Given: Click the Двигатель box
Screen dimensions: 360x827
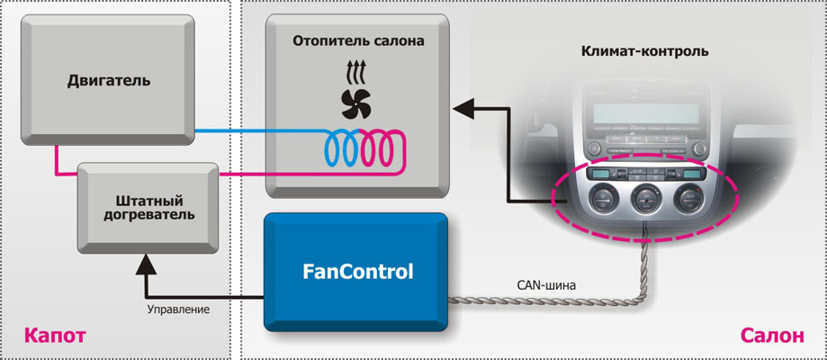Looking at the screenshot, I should point(109,81).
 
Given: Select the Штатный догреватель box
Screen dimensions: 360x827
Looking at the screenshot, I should point(148,206).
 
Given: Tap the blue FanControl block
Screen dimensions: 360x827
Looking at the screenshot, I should point(357,271).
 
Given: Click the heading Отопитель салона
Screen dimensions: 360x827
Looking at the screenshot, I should point(358,40).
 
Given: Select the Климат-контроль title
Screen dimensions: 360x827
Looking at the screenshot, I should point(657,51).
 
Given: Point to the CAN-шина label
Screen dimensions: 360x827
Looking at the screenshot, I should point(546,285).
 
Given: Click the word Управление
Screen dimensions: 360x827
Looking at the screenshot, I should point(178,310).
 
